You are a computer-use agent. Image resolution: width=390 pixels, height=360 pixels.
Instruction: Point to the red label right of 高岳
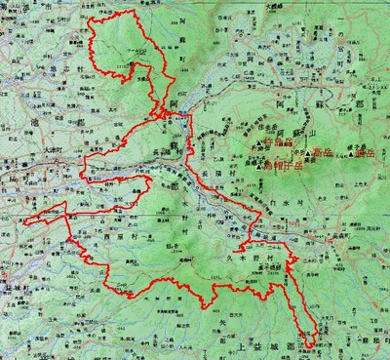365,153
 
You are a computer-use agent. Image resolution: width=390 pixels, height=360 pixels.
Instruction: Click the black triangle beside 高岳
309,154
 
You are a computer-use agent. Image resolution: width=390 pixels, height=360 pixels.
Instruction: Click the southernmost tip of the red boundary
310,346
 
